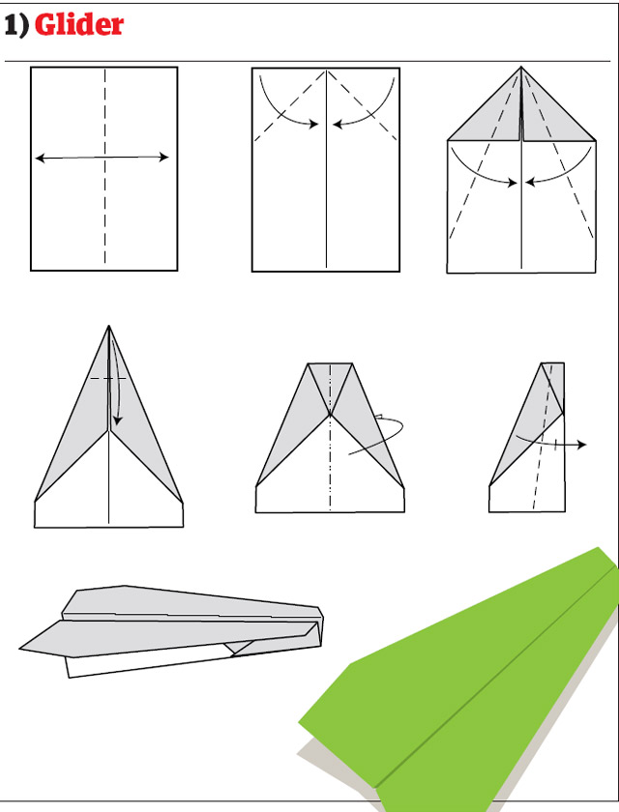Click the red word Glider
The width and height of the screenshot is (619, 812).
tap(79, 24)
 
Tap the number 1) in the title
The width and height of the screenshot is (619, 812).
tap(17, 25)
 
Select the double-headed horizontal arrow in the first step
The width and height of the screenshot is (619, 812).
tap(103, 158)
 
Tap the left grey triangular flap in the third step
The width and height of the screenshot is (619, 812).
tap(488, 121)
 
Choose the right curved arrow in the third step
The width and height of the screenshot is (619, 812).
tap(571, 169)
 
